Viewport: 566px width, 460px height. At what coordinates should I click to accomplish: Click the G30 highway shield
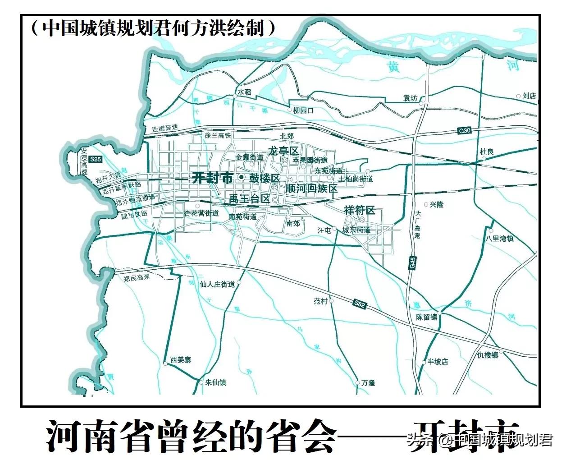(464, 131)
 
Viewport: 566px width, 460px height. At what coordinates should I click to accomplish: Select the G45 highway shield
(412, 262)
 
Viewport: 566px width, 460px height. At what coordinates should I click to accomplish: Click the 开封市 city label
(212, 178)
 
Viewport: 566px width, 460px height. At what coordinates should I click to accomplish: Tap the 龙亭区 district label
(283, 151)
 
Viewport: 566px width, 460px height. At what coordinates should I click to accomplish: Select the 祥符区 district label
(359, 210)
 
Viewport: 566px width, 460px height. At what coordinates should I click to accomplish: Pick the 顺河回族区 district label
(311, 188)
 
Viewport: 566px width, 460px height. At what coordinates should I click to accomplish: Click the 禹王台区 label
(249, 198)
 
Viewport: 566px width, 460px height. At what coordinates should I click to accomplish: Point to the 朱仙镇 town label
(215, 382)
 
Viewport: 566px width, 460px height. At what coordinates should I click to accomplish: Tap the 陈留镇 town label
(426, 317)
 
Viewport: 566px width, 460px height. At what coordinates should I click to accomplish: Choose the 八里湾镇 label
(500, 238)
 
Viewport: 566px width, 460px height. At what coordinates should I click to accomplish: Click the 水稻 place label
(244, 92)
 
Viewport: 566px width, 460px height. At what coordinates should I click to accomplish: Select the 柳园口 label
(303, 110)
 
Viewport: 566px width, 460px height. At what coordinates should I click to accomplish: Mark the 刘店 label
(529, 96)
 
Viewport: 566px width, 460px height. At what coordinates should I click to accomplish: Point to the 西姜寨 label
(181, 360)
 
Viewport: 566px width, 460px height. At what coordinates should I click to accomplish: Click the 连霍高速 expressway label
(164, 129)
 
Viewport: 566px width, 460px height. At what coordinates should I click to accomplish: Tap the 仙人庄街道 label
(217, 285)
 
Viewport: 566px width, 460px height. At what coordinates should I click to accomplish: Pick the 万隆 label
(368, 382)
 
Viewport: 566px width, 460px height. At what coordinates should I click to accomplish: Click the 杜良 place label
(487, 152)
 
